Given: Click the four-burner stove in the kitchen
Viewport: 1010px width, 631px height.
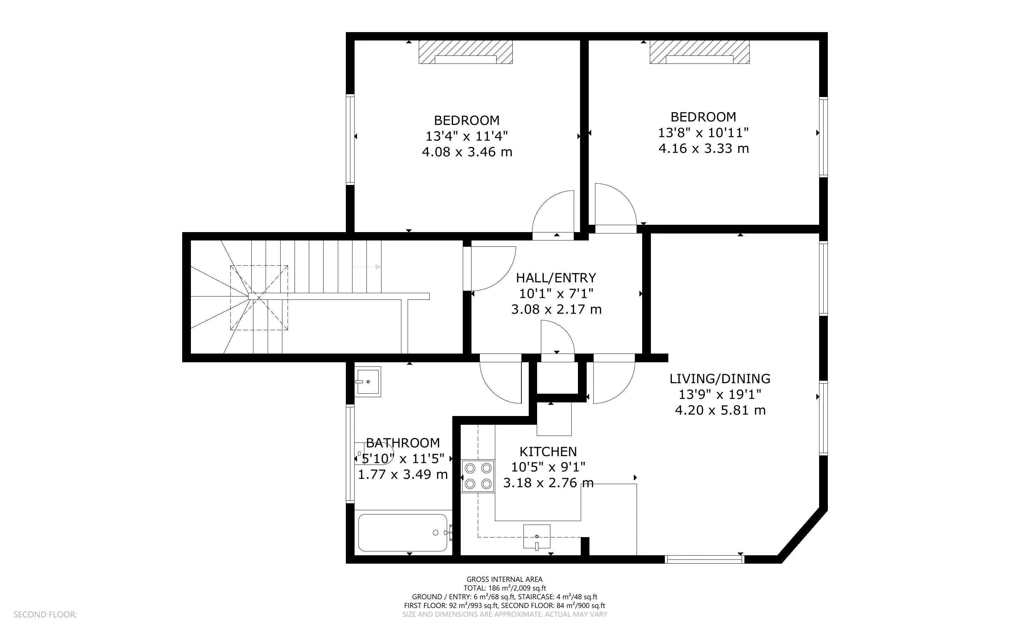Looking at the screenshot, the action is [x=478, y=476].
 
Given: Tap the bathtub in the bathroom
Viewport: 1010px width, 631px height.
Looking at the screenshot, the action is [x=403, y=533].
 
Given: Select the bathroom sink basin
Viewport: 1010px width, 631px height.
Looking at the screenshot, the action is [x=368, y=381].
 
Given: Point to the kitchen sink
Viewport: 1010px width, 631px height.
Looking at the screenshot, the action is [x=537, y=537].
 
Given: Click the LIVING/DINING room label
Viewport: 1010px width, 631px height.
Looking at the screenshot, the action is [x=720, y=379].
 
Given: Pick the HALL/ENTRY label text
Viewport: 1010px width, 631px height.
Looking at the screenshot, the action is [x=556, y=278].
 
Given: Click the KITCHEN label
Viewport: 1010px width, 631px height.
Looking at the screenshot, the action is [x=548, y=452].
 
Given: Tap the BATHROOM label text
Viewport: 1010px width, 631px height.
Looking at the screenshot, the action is [x=403, y=443].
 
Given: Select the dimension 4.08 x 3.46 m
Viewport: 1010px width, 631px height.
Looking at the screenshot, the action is [x=467, y=152].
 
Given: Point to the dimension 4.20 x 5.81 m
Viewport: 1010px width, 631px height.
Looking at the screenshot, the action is [x=720, y=410].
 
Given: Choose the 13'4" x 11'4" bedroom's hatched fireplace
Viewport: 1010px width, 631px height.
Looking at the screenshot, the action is [x=466, y=52].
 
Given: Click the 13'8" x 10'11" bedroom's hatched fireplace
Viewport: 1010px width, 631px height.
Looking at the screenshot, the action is [x=700, y=52].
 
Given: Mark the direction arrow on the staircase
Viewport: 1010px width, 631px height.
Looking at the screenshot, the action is [x=366, y=267].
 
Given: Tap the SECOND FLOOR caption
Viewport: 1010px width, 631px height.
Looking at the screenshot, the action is [x=45, y=615].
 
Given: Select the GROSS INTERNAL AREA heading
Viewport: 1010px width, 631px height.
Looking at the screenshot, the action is [x=504, y=579].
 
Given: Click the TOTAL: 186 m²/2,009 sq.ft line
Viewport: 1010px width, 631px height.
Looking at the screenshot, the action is [x=504, y=588].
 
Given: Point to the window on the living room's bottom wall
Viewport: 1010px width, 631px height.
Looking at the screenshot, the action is [x=704, y=559].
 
